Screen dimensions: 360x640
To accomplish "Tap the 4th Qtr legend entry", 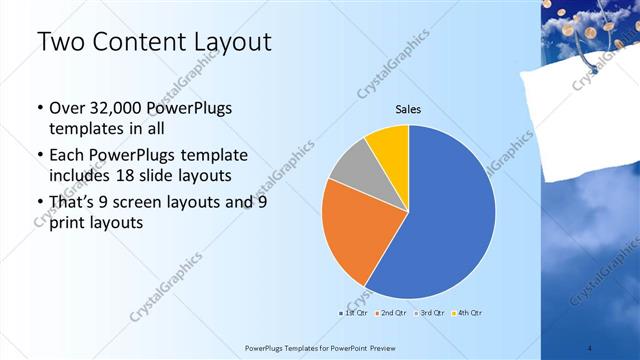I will coord(469,313).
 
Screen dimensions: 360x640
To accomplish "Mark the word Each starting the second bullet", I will coord(67,155).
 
